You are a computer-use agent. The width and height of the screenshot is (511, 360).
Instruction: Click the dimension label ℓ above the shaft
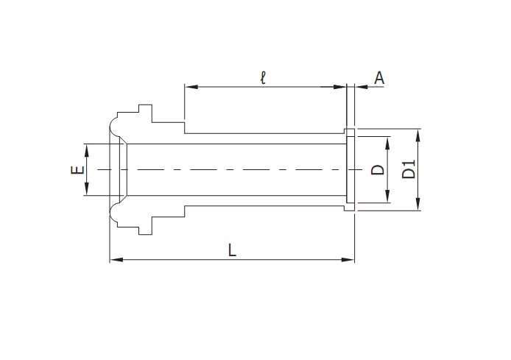pos(263,77)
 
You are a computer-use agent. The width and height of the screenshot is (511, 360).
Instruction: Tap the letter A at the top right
pos(379,77)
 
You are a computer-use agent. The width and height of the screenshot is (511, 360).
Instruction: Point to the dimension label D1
pos(409,169)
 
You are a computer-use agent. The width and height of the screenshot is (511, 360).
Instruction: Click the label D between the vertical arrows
pos(378,169)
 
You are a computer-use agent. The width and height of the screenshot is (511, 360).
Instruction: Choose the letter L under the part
pos(231,250)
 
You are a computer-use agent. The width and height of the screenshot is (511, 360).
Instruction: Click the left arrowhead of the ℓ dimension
pos(188,87)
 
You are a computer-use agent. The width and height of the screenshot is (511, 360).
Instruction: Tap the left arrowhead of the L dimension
pos(114,259)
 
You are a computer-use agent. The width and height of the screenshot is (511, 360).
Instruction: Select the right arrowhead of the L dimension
pos(350,259)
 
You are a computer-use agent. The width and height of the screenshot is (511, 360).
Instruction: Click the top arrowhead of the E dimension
pos(87,148)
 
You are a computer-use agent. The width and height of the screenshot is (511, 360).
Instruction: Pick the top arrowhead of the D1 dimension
pos(418,133)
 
